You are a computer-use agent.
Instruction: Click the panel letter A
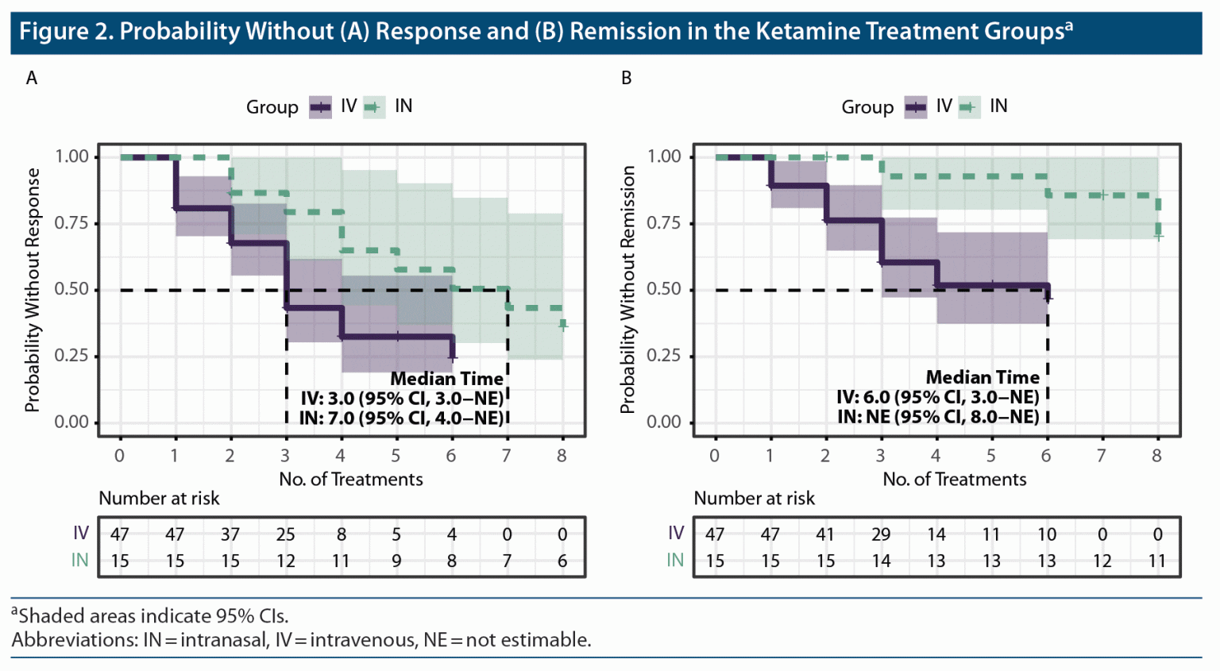click(x=32, y=78)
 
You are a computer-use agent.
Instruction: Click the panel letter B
click(x=627, y=78)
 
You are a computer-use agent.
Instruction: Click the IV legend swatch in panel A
click(x=320, y=107)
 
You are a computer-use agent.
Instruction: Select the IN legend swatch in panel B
click(x=969, y=107)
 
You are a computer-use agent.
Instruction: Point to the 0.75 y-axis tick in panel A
click(x=71, y=223)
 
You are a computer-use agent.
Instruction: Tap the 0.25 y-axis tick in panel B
click(x=664, y=356)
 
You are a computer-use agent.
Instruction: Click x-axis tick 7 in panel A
click(x=507, y=456)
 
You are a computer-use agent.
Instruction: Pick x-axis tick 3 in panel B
click(x=881, y=456)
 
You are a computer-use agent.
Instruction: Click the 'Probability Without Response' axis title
click(x=32, y=290)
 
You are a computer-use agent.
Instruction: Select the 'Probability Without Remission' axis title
click(x=627, y=290)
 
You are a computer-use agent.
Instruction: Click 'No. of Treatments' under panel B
click(x=954, y=480)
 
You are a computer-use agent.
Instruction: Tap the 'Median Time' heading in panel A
click(x=446, y=380)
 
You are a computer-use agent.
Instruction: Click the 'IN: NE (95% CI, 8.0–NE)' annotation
click(x=938, y=417)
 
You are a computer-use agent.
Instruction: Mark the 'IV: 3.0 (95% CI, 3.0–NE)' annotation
click(x=402, y=399)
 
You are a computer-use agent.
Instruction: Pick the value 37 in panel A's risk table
click(x=230, y=535)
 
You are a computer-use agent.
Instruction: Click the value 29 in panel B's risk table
click(x=881, y=535)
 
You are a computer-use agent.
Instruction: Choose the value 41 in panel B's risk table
click(x=825, y=535)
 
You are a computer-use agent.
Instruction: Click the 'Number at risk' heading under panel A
click(x=159, y=499)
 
